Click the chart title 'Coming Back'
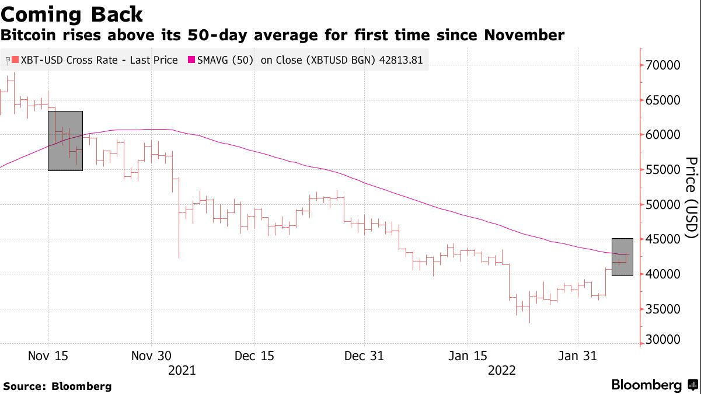pyautogui.click(x=72, y=13)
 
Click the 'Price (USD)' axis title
pyautogui.click(x=691, y=198)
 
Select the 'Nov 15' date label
pyautogui.click(x=47, y=356)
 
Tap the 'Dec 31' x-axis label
pyautogui.click(x=364, y=356)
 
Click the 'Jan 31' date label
pyautogui.click(x=577, y=356)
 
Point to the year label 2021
pyautogui.click(x=182, y=371)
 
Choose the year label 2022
pyautogui.click(x=501, y=371)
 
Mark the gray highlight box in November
pyautogui.click(x=65, y=141)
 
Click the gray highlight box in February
pyautogui.click(x=622, y=257)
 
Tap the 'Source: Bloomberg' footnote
pyautogui.click(x=57, y=386)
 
